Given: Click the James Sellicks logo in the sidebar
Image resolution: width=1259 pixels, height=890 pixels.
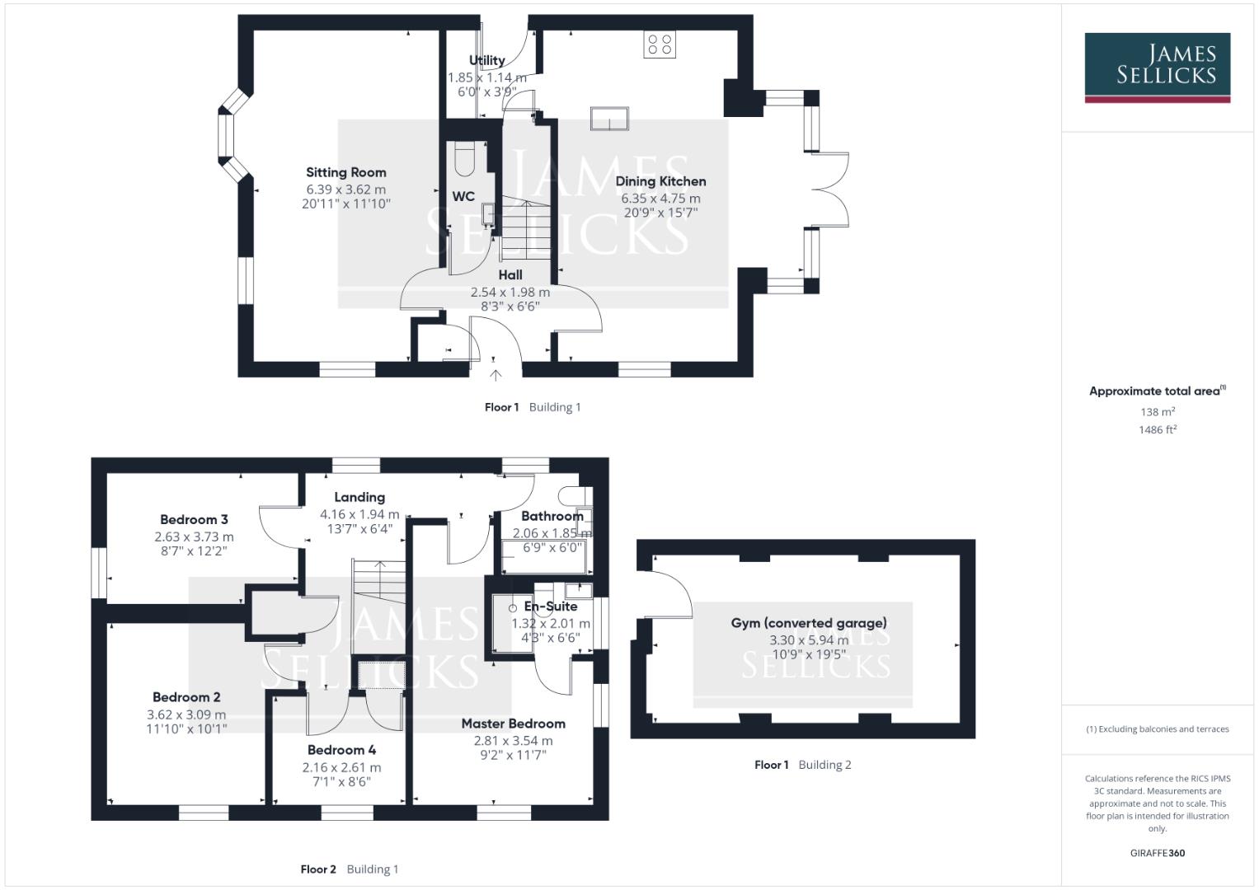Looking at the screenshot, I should pos(1157,67).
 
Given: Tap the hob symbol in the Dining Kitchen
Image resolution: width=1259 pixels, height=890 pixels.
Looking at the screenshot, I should pos(660,44).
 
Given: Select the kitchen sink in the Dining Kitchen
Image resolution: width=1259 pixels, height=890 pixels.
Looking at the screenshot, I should pos(609,119).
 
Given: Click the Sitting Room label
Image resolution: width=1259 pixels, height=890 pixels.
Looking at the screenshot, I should pos(345,172).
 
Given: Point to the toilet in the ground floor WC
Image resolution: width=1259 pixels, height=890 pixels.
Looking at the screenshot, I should pos(465,159).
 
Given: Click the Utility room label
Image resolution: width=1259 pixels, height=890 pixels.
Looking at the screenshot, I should pos(486,60).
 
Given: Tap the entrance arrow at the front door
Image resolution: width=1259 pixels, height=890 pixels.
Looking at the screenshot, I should pos(495,375).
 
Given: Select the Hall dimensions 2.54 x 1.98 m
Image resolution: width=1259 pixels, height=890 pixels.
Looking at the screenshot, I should pos(510,292).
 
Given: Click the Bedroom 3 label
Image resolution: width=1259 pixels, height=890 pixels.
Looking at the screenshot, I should pos(194,519).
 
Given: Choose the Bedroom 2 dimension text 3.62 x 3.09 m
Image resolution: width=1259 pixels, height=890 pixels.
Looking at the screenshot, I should pos(186,714).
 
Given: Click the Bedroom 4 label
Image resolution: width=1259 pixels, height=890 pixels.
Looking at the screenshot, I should pos(341,750).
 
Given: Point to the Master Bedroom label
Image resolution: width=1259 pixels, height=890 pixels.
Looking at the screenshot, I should pos(513,724).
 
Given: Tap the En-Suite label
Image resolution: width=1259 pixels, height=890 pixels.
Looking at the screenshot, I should pos(551,607).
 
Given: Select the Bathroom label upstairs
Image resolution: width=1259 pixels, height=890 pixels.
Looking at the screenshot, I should pos(552,516).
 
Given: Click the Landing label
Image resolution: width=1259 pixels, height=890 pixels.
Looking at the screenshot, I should pos(359,497).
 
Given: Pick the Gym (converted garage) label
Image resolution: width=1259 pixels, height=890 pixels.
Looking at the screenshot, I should pos(809,623).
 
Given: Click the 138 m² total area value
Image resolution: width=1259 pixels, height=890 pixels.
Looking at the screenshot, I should pos(1157,411).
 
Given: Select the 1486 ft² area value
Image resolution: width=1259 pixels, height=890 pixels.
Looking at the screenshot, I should pos(1157,429).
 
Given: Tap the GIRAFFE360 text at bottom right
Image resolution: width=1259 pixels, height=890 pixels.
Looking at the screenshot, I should pos(1157,853).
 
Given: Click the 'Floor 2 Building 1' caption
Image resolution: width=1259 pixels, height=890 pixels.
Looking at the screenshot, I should pos(349,869).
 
